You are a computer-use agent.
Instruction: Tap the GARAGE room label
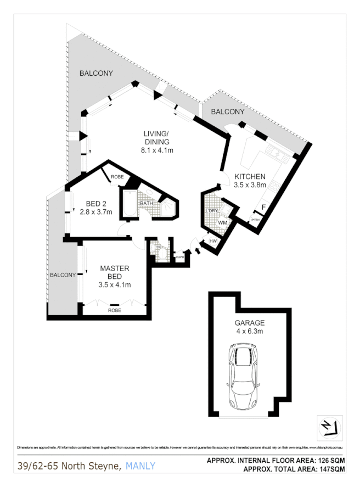[250, 323]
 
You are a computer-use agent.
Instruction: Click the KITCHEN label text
[250, 176]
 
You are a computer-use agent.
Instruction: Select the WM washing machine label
[222, 223]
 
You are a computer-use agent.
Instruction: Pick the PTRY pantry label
[255, 220]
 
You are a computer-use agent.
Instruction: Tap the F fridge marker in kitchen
[263, 207]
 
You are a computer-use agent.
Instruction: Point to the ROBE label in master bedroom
[114, 310]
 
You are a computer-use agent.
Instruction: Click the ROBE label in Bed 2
[117, 177]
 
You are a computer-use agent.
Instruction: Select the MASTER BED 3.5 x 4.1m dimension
[114, 284]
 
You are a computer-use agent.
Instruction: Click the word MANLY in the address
[140, 466]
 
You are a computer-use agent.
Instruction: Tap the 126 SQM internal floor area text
[329, 460]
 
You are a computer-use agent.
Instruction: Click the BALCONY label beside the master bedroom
[63, 275]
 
